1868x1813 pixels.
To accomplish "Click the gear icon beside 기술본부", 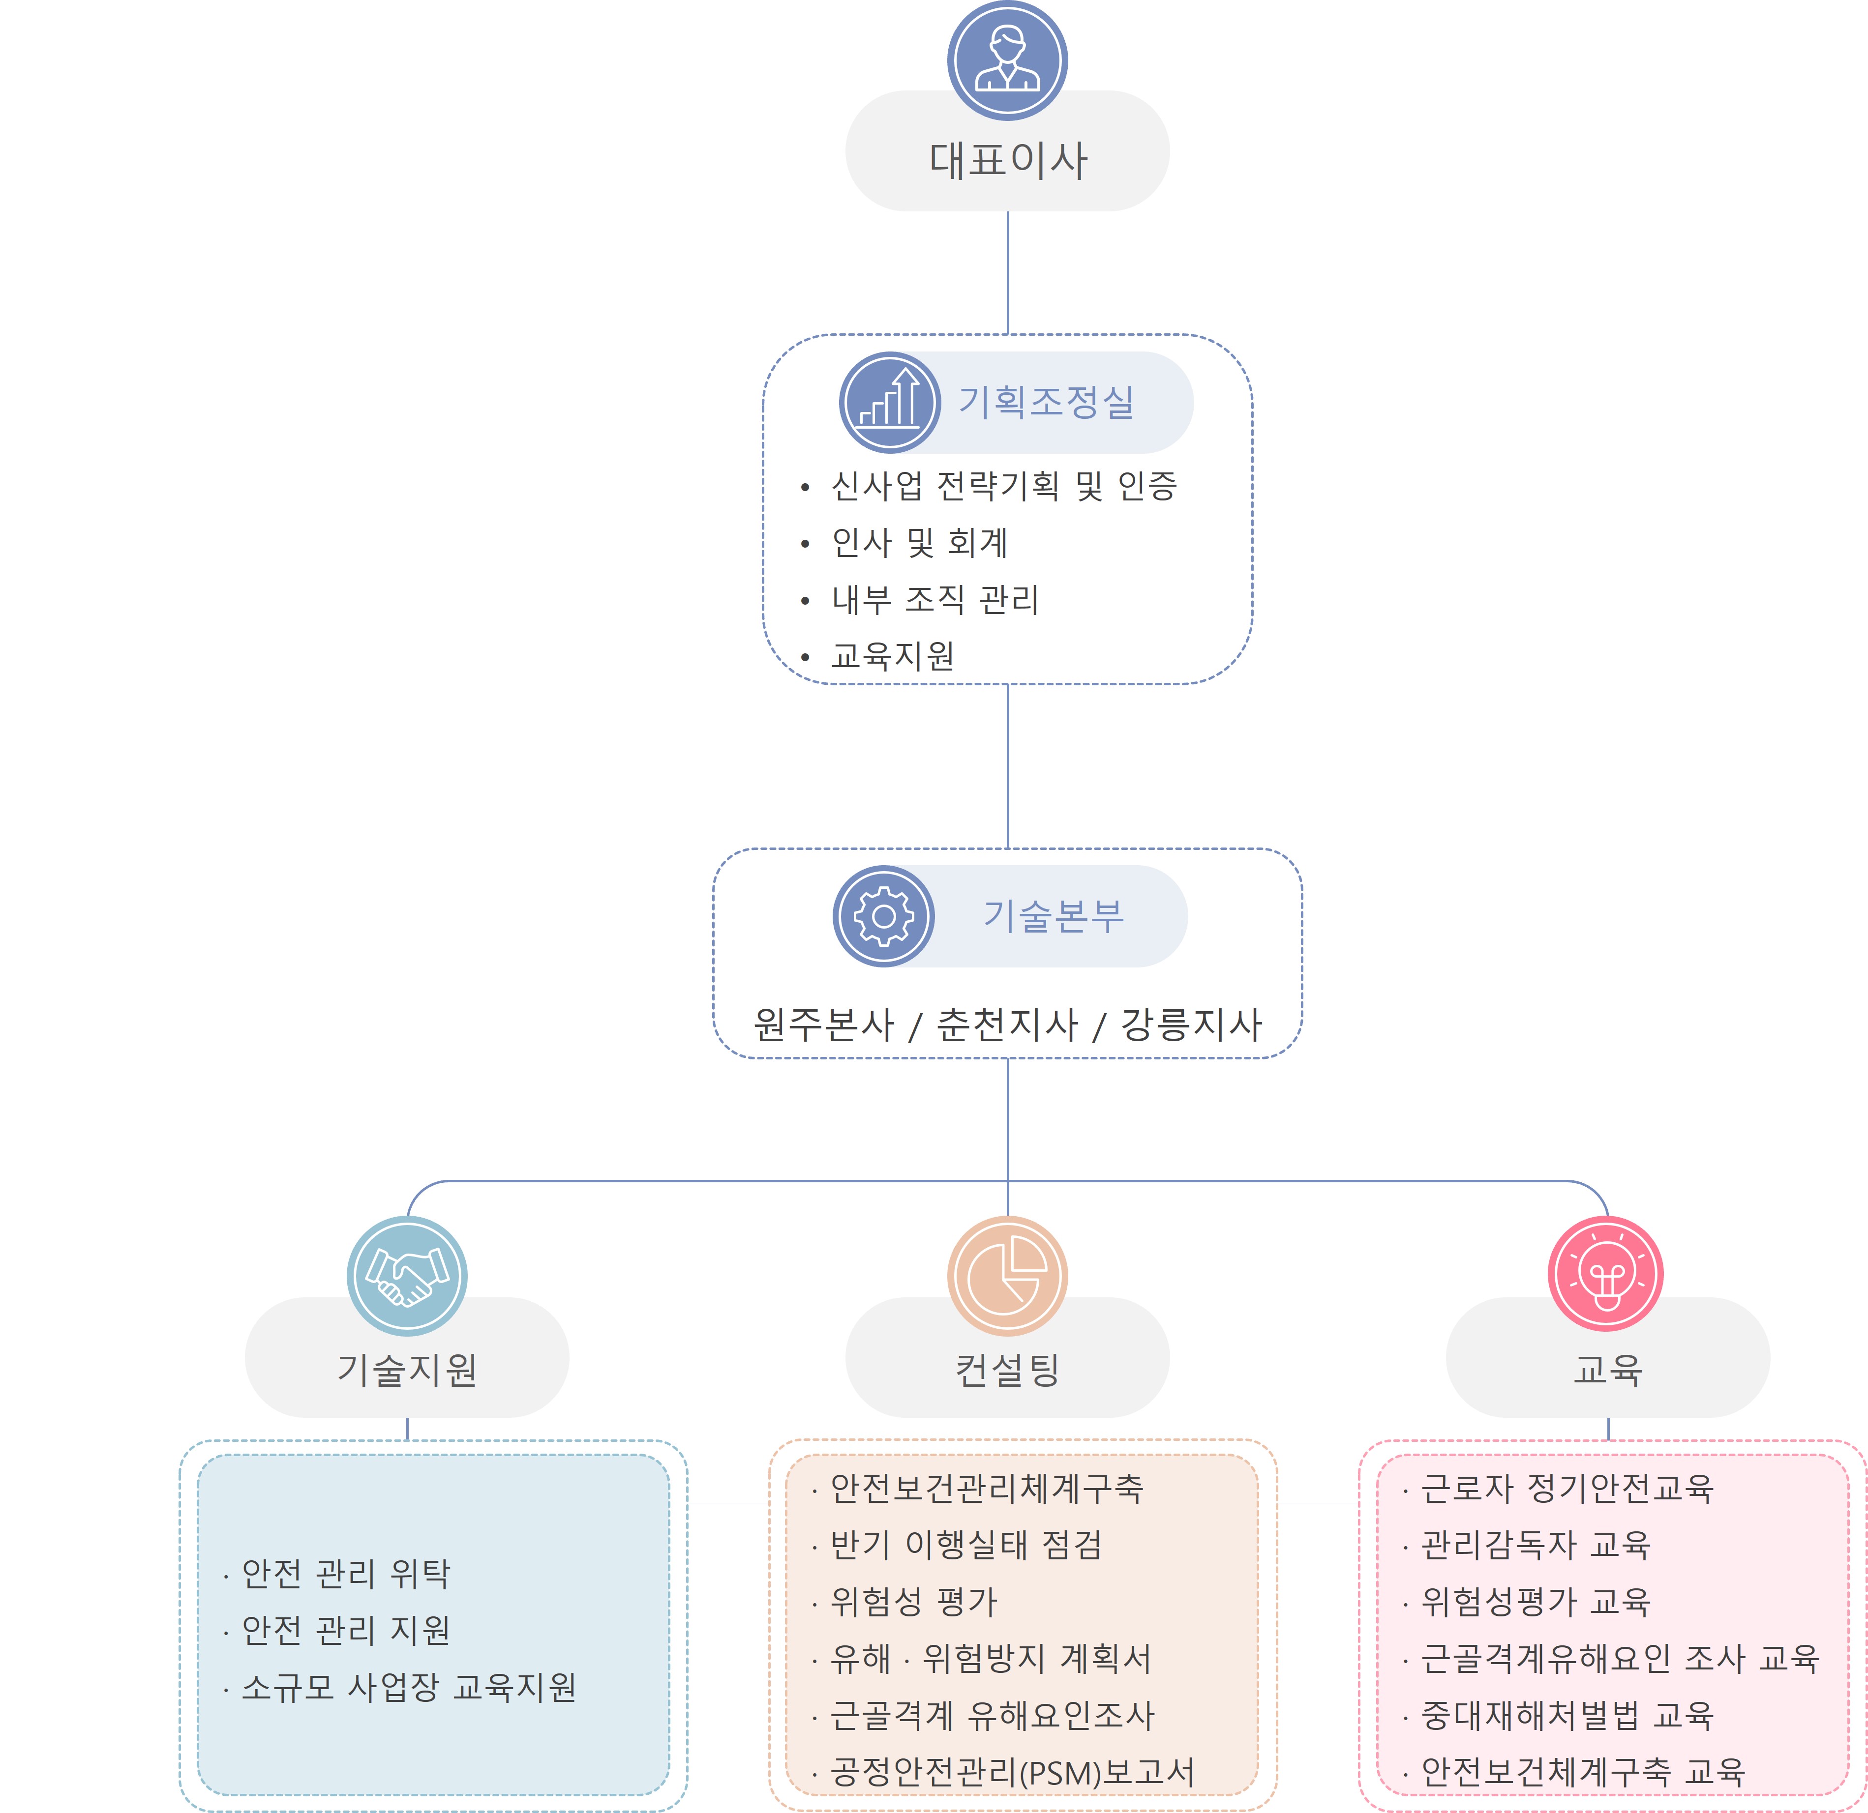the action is coord(883,916).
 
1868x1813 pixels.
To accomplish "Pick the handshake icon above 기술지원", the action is coord(407,1276).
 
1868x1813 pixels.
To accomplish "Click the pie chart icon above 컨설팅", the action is coord(1007,1276).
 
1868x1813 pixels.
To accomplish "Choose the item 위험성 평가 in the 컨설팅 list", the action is coord(913,1602).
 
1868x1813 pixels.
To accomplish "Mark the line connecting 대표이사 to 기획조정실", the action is coord(1007,272).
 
